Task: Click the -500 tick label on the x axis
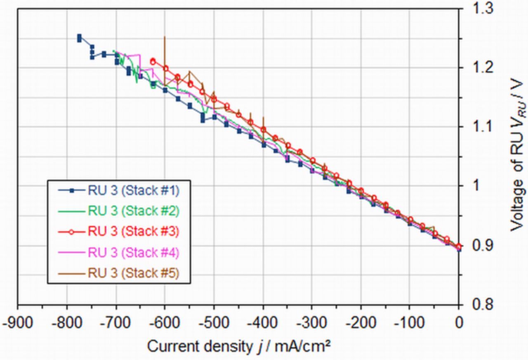(x=214, y=322)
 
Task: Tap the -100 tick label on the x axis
(x=409, y=322)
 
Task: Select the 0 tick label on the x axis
(x=458, y=322)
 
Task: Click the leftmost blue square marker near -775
(x=79, y=38)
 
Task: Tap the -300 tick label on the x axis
(x=312, y=322)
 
